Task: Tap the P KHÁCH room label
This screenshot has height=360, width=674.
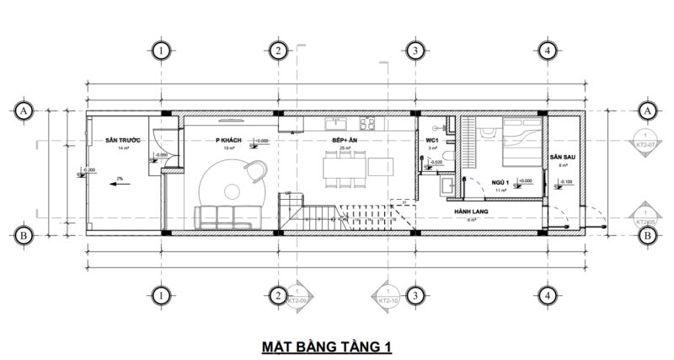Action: [229, 139]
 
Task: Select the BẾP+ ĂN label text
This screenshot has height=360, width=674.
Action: [344, 139]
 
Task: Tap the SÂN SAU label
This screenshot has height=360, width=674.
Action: [560, 157]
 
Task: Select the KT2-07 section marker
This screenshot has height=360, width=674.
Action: [645, 144]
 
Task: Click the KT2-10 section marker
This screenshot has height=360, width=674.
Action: [388, 296]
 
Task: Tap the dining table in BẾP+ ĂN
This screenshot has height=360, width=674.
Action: [345, 167]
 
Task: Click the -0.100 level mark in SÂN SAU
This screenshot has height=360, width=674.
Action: [564, 182]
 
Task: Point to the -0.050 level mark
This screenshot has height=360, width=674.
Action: [161, 155]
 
